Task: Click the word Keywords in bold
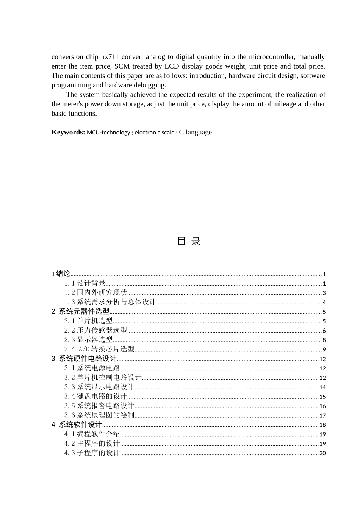[x=68, y=132]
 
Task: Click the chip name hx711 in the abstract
[x=110, y=57]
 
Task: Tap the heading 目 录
[x=188, y=241]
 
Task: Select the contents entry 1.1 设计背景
[x=85, y=283]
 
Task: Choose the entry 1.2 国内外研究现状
[x=95, y=293]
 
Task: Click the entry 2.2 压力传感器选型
[x=95, y=331]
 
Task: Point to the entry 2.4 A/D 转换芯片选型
[x=99, y=349]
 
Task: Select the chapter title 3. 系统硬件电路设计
[x=84, y=359]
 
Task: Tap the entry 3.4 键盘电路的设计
[x=95, y=397]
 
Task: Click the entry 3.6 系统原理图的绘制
[x=99, y=415]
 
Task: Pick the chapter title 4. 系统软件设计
[x=77, y=425]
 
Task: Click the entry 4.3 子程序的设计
[x=92, y=453]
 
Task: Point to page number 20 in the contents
[x=322, y=453]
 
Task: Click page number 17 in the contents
[x=322, y=415]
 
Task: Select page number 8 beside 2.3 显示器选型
[x=324, y=340]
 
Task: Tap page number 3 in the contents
[x=324, y=293]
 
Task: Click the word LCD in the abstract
[x=172, y=66]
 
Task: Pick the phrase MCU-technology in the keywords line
[x=108, y=133]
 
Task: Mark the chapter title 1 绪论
[x=61, y=274]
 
